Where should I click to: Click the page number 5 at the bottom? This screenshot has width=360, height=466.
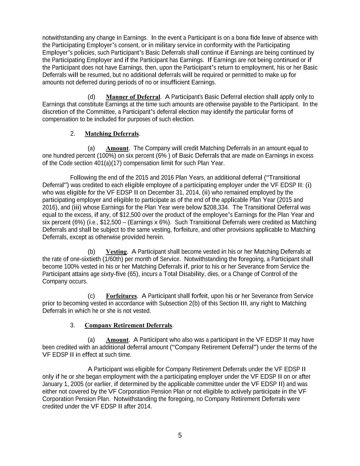[180, 435]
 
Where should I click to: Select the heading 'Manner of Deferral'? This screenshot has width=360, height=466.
[133, 97]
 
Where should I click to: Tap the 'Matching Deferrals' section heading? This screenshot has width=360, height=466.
[112, 134]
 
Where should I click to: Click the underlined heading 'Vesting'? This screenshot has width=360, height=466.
[116, 252]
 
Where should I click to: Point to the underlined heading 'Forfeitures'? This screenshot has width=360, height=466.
[121, 296]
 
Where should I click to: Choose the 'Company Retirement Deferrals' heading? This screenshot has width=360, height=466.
[128, 325]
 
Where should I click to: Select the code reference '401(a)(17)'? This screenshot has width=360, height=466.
[108, 163]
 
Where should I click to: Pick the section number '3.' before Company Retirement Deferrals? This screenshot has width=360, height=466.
[73, 325]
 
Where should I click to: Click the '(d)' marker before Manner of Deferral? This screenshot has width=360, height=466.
[91, 97]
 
